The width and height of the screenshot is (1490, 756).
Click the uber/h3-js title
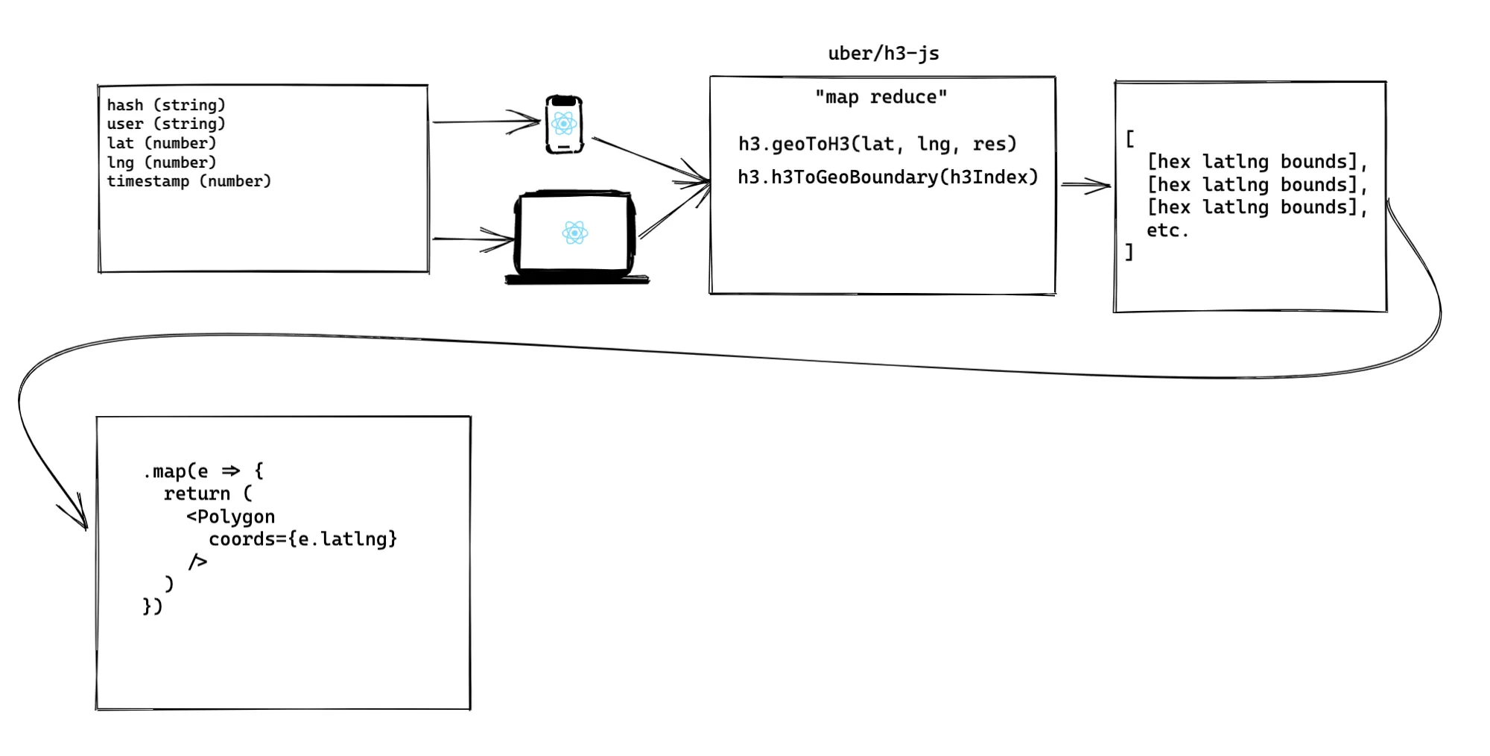(884, 54)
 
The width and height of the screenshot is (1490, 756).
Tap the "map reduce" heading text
(881, 97)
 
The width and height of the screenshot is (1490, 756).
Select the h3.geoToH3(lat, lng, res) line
(878, 144)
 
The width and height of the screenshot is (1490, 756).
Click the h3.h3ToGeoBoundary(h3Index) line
(888, 177)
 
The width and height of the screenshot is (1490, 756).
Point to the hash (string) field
(166, 105)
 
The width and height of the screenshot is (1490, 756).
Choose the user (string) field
(166, 124)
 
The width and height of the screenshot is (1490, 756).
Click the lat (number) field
(162, 143)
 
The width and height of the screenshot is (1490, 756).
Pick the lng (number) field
(162, 163)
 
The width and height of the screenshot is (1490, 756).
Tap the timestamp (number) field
(189, 181)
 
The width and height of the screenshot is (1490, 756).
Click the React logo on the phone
(564, 124)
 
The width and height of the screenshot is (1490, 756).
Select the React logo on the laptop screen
(575, 233)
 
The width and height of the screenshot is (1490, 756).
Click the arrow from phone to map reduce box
(650, 160)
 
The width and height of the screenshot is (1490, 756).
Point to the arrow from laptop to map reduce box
(674, 211)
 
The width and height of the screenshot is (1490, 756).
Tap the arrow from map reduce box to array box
(1086, 185)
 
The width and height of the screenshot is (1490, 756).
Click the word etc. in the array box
(1167, 230)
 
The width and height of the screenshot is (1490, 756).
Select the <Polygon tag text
(231, 517)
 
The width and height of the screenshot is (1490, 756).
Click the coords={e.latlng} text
(303, 539)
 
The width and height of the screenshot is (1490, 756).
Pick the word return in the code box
(197, 494)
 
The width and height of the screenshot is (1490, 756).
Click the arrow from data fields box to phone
(486, 122)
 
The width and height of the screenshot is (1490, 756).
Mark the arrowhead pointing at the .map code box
(78, 514)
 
